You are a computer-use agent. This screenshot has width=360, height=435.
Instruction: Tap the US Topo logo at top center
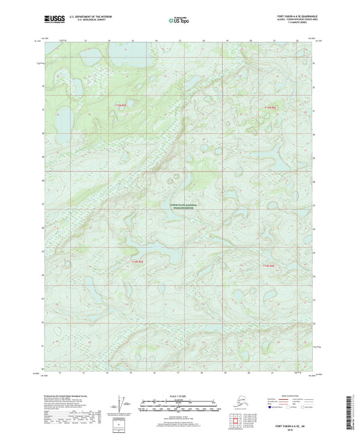178,18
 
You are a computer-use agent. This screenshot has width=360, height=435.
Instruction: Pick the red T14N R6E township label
270,265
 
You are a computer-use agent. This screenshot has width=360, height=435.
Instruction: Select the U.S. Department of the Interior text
86,15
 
